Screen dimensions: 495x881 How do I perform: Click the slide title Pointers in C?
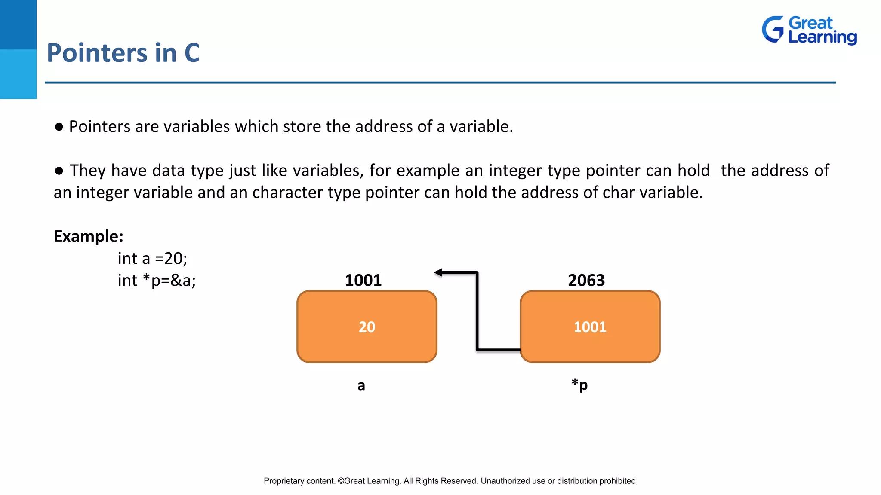123,53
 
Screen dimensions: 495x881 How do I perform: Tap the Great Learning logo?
809,30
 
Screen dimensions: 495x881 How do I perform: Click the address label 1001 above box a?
363,281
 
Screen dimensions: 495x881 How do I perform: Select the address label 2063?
586,281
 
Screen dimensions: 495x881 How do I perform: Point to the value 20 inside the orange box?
367,327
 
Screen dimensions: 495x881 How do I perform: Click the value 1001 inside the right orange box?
590,327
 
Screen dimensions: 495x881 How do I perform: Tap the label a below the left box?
361,385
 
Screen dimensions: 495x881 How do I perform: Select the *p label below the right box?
579,385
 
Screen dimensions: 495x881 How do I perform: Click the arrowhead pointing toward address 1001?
438,272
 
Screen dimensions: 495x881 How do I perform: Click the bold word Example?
89,236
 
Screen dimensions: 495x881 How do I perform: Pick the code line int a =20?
152,258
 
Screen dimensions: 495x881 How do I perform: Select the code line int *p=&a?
157,281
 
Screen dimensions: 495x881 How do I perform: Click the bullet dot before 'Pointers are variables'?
59,127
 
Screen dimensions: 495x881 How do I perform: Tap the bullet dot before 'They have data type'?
59,171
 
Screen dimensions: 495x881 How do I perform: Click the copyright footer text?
450,481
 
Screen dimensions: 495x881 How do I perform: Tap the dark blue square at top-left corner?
18,24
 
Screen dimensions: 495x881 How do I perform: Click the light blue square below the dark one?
18,74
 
